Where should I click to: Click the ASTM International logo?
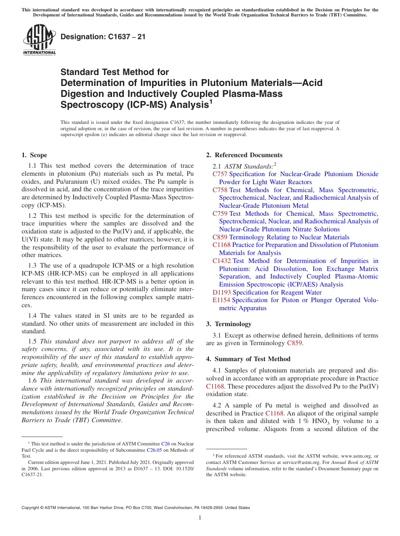coord(39,40)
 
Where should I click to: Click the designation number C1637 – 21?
coord(103,37)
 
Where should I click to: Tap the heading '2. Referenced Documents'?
coord(244,155)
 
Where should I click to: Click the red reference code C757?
coord(220,174)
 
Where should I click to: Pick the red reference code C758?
coord(220,190)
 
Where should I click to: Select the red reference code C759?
coord(220,214)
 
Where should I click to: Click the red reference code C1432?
coord(221,261)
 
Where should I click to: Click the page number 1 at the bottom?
coord(200,518)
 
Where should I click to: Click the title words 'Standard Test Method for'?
coord(115,72)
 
